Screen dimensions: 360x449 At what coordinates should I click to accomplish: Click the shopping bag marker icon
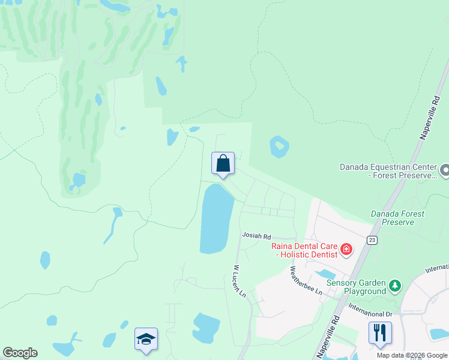coord(223,163)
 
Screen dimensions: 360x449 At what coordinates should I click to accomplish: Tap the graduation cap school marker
coord(146,339)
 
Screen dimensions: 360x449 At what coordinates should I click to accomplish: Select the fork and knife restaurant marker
coord(380,332)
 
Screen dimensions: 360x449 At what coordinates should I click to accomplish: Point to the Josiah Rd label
coord(256,236)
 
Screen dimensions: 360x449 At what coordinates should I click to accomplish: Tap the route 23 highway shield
coord(372,239)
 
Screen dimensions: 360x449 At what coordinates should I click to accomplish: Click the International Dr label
coord(371,314)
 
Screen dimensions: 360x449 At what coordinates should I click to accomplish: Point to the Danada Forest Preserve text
coord(397,218)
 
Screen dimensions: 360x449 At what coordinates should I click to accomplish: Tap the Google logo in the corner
coord(20,353)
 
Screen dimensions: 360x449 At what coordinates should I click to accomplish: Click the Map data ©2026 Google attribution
coord(412,355)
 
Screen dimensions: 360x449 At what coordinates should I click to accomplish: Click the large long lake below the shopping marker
coord(215,219)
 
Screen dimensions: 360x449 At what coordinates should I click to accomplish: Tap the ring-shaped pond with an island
coord(279,146)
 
